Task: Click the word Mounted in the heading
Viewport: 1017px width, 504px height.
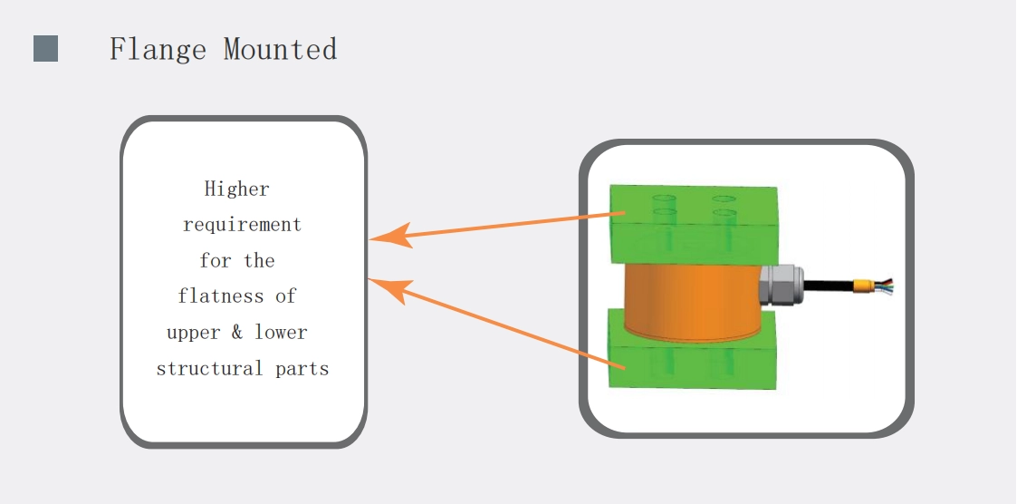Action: coord(280,49)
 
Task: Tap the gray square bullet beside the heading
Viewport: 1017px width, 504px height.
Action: coord(46,49)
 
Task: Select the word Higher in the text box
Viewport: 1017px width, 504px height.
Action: coord(237,189)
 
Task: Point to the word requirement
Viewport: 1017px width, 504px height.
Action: coord(242,225)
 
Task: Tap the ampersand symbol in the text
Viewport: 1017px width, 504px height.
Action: coord(236,333)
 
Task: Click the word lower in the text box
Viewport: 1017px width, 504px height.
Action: coord(281,333)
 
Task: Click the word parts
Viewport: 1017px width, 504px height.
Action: coord(302,370)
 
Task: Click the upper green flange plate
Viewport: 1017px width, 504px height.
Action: coord(693,222)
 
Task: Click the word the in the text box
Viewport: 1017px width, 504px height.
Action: coord(259,261)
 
